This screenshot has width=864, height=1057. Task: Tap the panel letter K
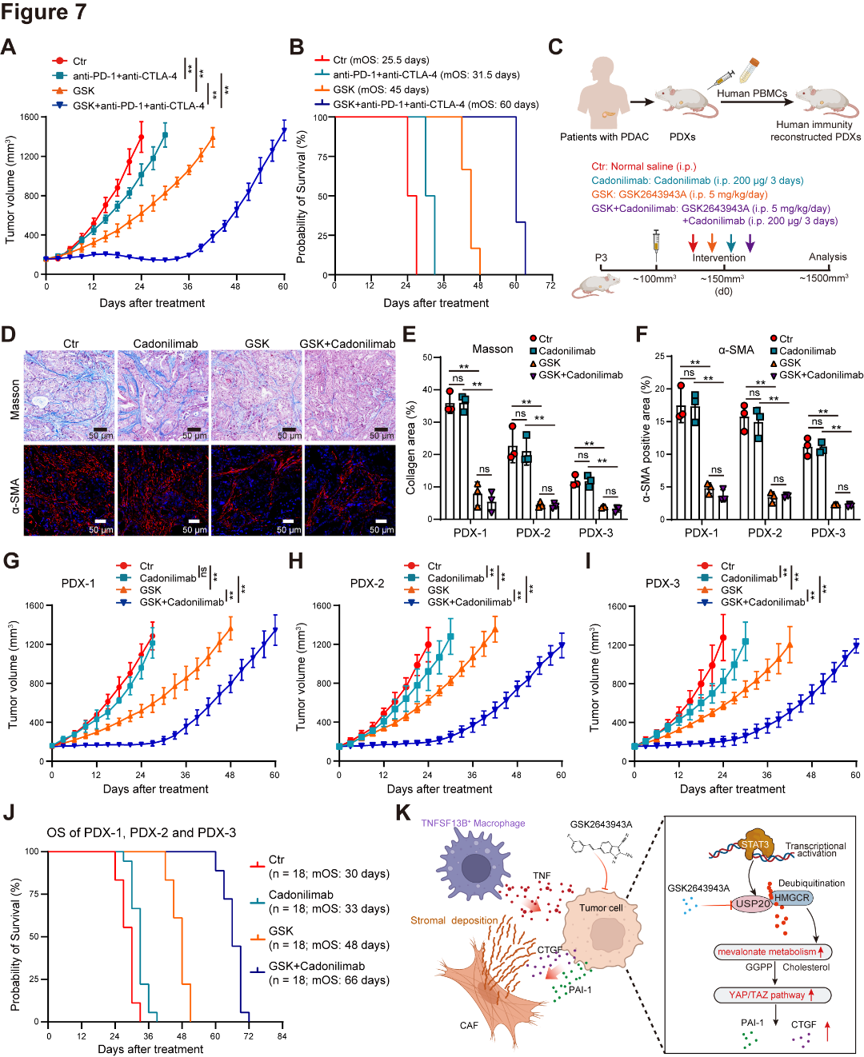[x=403, y=813]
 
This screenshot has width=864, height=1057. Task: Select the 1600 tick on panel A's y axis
[x=30, y=118]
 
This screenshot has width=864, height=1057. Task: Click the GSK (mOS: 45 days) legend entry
[x=381, y=90]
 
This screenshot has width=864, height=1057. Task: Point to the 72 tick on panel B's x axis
[x=550, y=285]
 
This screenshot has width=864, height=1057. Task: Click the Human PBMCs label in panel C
[x=752, y=94]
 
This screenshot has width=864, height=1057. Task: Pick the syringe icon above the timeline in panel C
[x=657, y=241]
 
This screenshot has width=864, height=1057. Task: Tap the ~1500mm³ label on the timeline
[x=824, y=278]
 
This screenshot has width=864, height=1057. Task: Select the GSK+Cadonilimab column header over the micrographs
[x=347, y=344]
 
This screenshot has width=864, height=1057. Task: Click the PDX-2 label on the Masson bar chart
[x=533, y=532]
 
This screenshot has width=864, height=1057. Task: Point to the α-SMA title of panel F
[x=736, y=349]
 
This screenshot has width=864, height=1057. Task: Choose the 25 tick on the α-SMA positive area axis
[x=659, y=357]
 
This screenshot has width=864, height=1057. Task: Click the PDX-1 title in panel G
[x=78, y=584]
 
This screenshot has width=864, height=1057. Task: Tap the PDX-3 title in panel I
[x=662, y=584]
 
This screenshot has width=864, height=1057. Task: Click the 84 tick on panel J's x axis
[x=282, y=1036]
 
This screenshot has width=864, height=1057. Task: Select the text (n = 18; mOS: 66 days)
[x=329, y=980]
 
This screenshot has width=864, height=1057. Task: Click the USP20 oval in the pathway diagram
[x=753, y=903]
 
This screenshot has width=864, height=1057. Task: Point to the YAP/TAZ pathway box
[x=773, y=995]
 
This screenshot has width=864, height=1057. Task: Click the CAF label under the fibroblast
[x=469, y=1026]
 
